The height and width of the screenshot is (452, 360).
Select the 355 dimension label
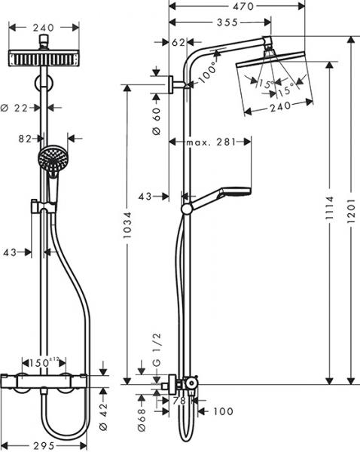pyautogui.click(x=219, y=23)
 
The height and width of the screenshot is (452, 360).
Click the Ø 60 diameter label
pyautogui.click(x=157, y=121)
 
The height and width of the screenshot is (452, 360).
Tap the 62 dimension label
pyautogui.click(x=178, y=43)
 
